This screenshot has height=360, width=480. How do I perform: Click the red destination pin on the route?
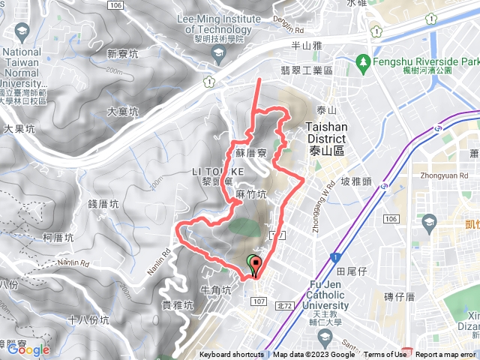click(x=256, y=264)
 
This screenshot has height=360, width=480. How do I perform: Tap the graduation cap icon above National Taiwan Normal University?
click(x=20, y=31)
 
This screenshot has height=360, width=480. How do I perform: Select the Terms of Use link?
click(x=385, y=355)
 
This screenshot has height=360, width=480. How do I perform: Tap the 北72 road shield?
click(x=283, y=284)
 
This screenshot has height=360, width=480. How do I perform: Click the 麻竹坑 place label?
click(x=250, y=194)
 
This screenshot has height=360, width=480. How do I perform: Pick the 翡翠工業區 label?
click(x=306, y=70)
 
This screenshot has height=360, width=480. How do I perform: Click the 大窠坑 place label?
click(x=122, y=112)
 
